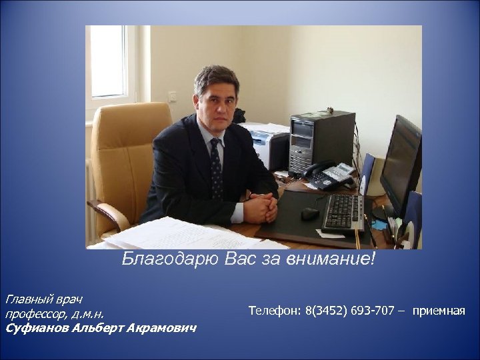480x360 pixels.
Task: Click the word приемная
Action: [x=438, y=311]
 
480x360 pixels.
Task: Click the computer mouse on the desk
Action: [x=310, y=213]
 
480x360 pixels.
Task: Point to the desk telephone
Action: [x=331, y=175]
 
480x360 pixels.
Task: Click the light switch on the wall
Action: [x=172, y=96]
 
